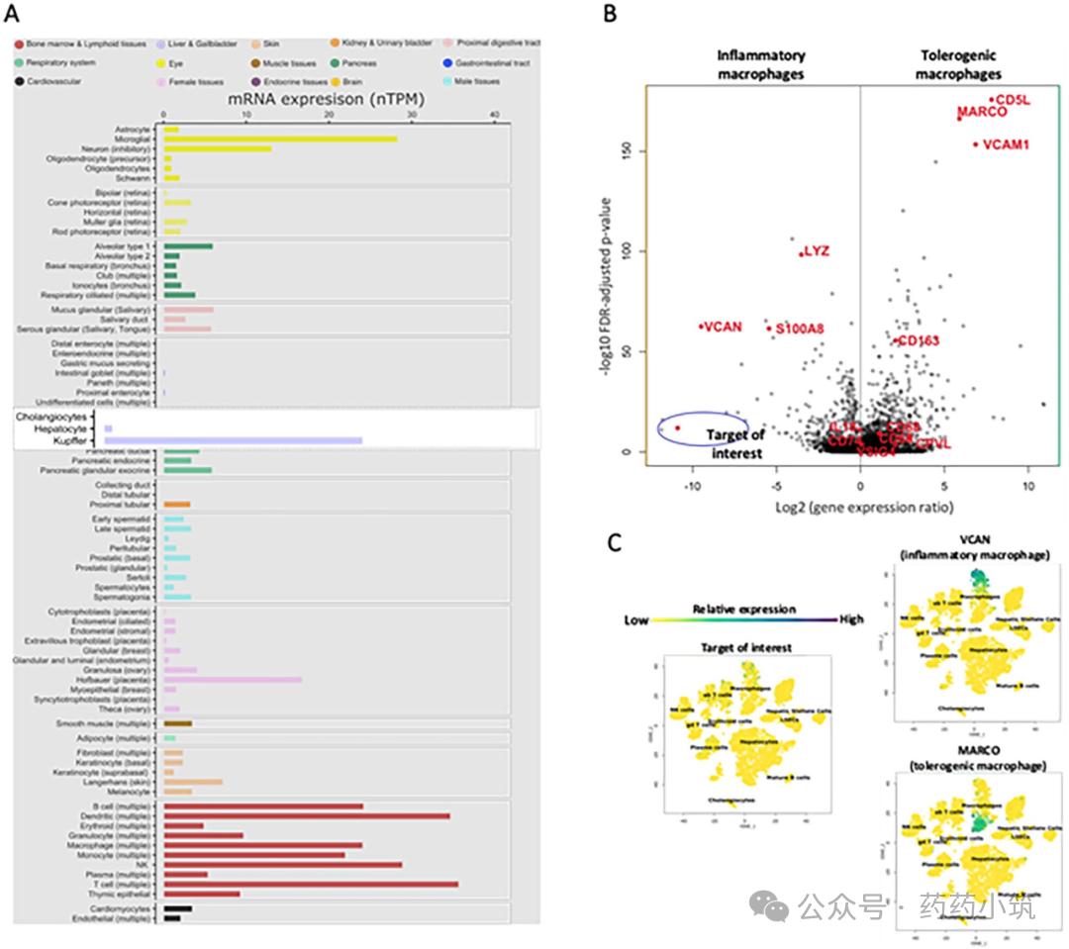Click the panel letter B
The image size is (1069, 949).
coord(611,14)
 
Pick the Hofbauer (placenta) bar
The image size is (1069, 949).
coord(233,680)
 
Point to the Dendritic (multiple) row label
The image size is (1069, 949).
coord(120,815)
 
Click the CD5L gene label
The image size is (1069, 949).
coord(1013,100)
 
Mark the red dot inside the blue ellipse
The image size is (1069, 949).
coord(677,427)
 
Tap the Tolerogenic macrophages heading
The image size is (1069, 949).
coord(957,65)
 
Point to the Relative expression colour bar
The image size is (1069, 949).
coord(744,619)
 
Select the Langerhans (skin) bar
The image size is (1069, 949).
coord(193,781)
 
